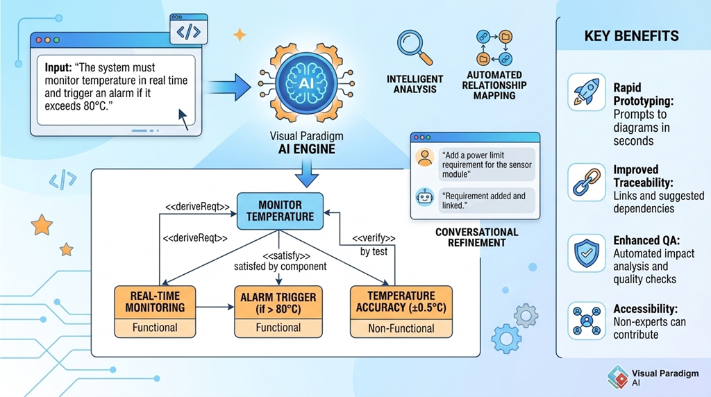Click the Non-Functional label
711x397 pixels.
401,328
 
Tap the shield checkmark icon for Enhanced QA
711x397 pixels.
587,253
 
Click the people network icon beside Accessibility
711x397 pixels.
587,321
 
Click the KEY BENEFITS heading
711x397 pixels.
632,36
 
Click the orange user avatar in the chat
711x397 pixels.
424,158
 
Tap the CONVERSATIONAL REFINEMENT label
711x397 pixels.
476,237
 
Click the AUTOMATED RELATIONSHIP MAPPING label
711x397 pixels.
496,85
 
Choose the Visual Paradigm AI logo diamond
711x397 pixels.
617,376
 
